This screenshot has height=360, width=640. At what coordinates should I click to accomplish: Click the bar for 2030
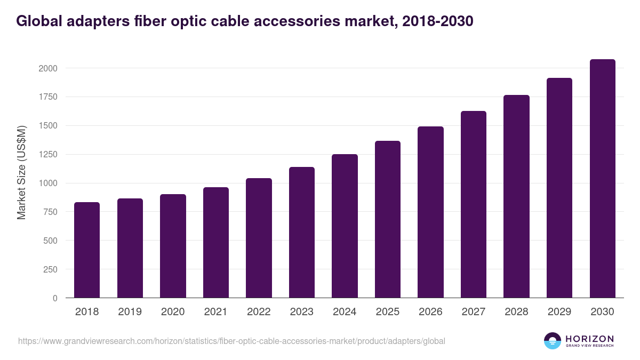click(x=602, y=179)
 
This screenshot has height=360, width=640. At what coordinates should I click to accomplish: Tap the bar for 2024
click(x=345, y=226)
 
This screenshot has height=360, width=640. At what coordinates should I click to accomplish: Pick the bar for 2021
click(x=216, y=243)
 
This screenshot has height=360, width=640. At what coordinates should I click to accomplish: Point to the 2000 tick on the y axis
click(x=48, y=68)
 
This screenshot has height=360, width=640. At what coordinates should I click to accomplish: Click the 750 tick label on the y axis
click(x=50, y=212)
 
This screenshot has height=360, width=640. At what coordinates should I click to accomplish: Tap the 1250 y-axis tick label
click(x=48, y=155)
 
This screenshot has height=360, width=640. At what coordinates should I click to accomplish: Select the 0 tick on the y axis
click(x=55, y=298)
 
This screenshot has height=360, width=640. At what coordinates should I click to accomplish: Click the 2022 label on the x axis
click(x=259, y=312)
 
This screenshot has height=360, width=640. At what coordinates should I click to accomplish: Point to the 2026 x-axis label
click(x=430, y=312)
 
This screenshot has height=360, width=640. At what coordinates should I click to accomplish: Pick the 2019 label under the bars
click(x=130, y=312)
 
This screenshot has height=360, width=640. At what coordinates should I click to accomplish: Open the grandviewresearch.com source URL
click(x=231, y=341)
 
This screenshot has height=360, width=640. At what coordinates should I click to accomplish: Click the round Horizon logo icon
click(x=553, y=341)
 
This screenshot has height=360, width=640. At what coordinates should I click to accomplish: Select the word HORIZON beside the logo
click(x=589, y=338)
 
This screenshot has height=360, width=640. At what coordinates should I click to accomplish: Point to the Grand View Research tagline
click(x=589, y=346)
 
